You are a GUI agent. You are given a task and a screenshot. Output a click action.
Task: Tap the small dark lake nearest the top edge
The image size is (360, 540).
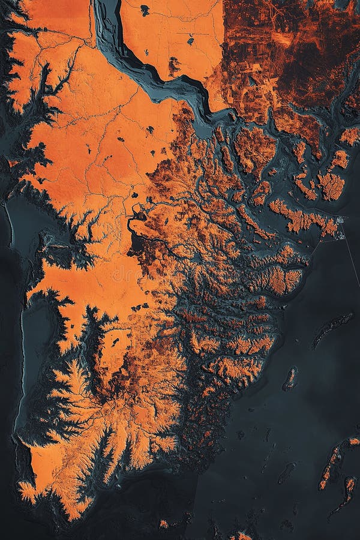145,9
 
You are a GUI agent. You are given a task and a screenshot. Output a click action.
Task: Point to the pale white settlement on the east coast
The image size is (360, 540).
340,221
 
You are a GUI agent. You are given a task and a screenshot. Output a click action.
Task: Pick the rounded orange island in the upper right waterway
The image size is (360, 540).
331,185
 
